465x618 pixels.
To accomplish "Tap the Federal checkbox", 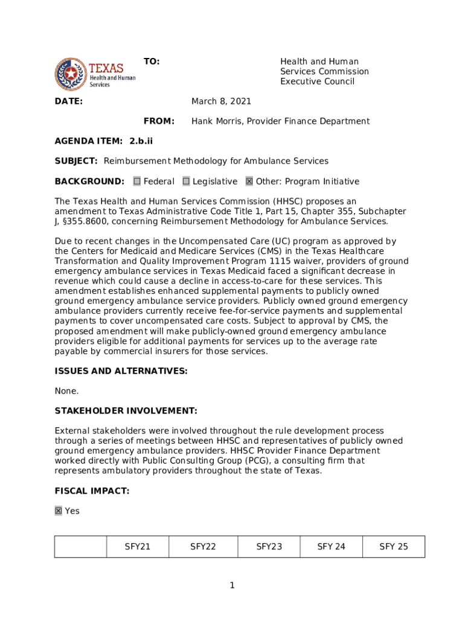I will pos(137,181).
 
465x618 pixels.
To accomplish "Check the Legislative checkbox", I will pos(186,181).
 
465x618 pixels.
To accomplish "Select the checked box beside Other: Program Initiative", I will pos(249,181).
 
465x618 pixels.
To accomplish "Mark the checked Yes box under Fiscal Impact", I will pos(59,511).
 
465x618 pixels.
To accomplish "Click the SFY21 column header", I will pos(138,547).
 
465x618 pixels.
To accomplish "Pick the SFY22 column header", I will pos(203,547).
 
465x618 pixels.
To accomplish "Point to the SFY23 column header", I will pos(269,547).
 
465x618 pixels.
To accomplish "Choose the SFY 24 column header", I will pos(332,547).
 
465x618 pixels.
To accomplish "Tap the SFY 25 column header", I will pos(394,547).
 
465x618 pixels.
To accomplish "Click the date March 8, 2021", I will pos(221,101).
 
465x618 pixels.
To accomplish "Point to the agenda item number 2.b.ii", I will pos(141,141).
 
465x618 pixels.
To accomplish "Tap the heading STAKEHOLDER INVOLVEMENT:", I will pos(126,411).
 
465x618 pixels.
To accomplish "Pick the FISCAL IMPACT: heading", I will pos(92,491).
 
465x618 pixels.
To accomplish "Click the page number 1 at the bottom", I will pos(232,585).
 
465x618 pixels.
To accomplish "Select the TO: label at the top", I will pos(152,62).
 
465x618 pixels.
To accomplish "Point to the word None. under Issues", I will pos(66,391).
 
